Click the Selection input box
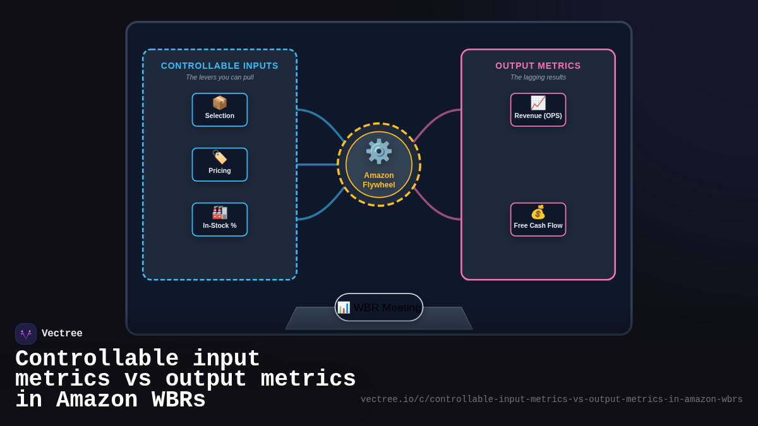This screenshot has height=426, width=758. [219, 110]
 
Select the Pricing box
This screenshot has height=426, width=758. [219, 165]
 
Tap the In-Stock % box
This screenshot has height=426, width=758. [219, 220]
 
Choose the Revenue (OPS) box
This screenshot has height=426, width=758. [538, 110]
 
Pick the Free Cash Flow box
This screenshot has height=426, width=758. [538, 220]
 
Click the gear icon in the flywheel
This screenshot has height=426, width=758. [378, 151]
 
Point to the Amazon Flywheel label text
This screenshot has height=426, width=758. [378, 180]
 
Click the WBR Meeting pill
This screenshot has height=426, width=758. [379, 307]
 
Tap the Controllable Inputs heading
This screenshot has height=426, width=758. [219, 66]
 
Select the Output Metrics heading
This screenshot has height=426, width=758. [538, 66]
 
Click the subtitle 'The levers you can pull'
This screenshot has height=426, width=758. [219, 77]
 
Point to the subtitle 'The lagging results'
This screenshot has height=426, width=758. [538, 77]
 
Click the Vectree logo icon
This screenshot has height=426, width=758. [26, 334]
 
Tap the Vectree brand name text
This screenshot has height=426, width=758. [62, 334]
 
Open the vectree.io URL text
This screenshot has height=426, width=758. [551, 399]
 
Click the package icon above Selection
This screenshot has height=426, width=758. [219, 103]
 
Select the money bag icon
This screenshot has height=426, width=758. [538, 213]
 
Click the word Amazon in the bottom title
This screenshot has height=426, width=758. [97, 400]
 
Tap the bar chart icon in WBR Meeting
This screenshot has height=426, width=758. [344, 307]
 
